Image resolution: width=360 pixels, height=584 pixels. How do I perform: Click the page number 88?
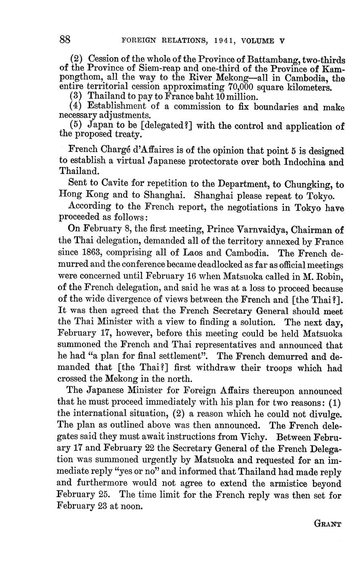[65, 40]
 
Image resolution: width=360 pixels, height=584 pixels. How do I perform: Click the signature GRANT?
[327, 523]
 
